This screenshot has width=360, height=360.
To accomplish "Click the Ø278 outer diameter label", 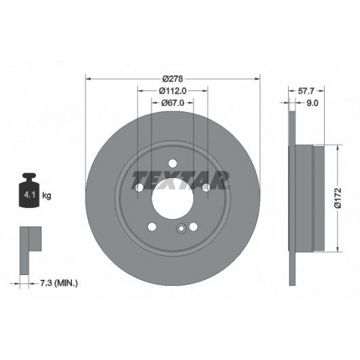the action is click(173, 79).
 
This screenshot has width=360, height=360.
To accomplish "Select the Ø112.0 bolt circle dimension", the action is click(173, 91).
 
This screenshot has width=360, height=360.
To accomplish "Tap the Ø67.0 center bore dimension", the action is click(173, 103).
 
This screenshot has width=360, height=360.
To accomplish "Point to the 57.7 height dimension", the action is click(306, 91).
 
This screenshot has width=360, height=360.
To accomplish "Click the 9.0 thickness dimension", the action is click(312, 103).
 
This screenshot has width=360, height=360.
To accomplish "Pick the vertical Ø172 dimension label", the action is click(338, 198).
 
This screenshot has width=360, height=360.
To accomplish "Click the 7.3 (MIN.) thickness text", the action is click(59, 283).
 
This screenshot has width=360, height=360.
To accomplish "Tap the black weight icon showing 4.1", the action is click(29, 190).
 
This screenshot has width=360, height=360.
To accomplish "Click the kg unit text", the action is click(47, 196).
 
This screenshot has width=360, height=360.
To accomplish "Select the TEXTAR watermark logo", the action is click(181, 180).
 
